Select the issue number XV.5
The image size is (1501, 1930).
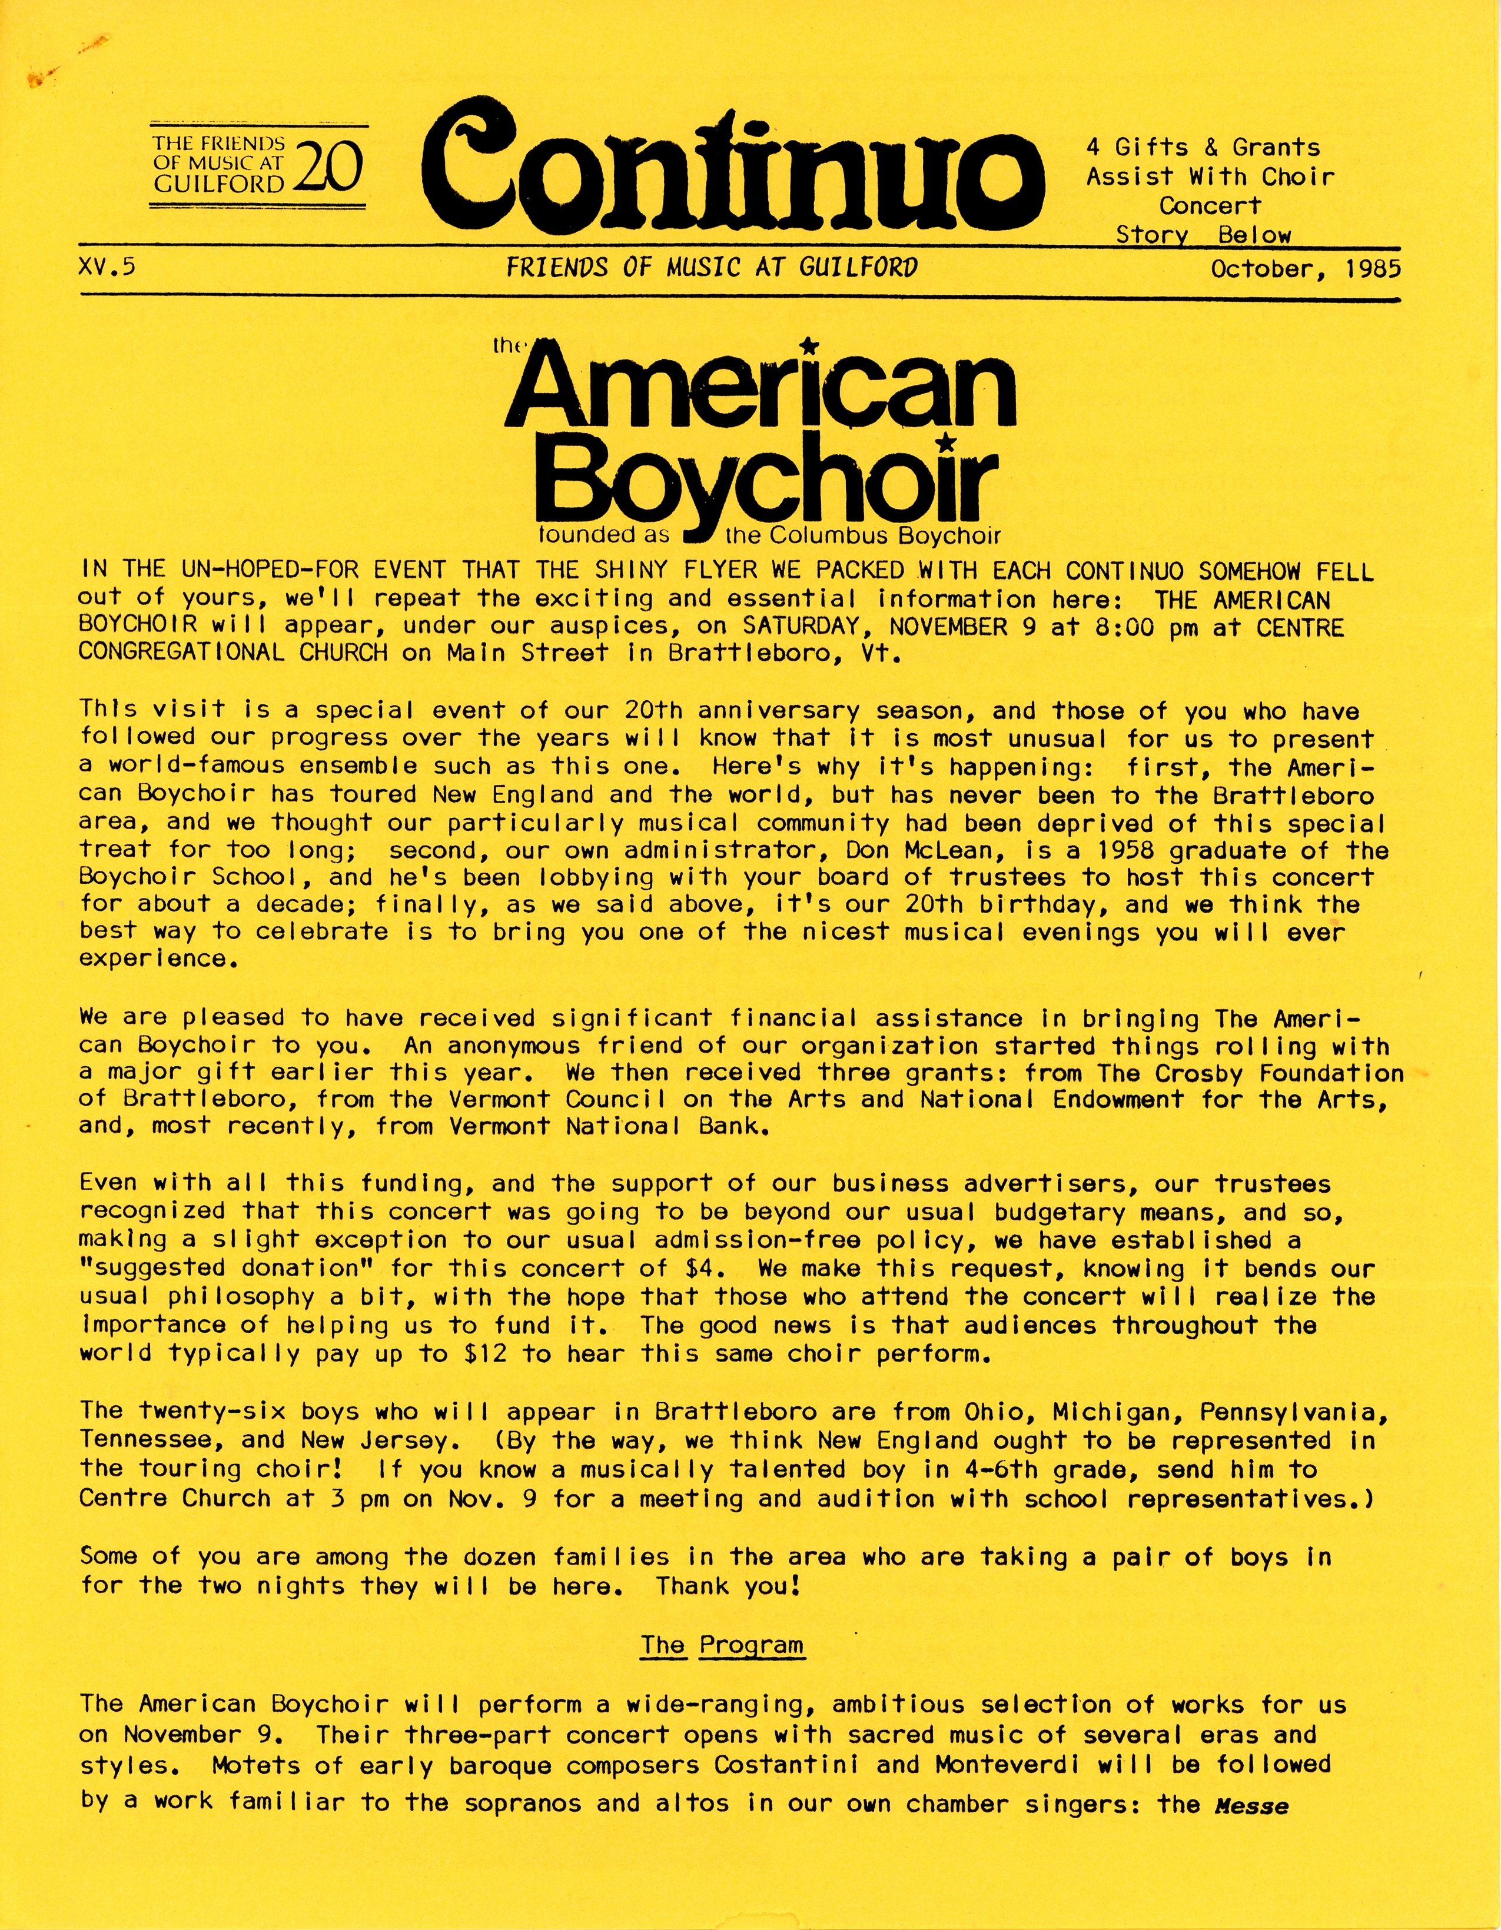tap(107, 267)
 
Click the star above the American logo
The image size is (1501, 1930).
tap(808, 345)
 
